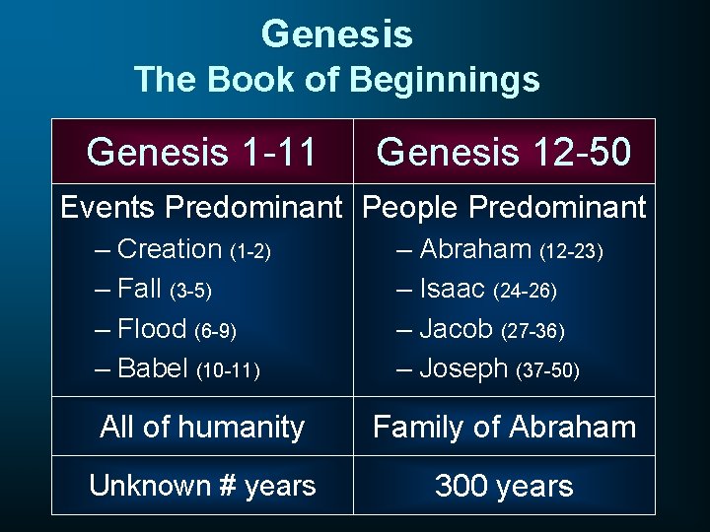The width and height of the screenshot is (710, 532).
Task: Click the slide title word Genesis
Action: point(336,35)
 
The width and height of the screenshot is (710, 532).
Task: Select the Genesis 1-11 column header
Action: point(201,152)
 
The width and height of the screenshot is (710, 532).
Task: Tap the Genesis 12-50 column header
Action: point(503,152)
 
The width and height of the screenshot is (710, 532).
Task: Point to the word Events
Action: point(107,208)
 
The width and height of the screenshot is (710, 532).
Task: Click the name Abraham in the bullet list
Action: point(475,250)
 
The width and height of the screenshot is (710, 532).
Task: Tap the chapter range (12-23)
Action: point(571,252)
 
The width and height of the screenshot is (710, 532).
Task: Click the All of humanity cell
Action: point(202,427)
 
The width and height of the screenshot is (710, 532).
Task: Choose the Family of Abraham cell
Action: point(504,427)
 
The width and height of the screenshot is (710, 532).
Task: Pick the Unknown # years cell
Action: point(202,486)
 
